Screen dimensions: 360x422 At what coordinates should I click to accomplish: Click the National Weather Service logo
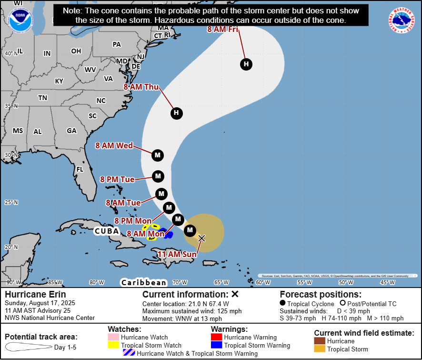tap(401, 20)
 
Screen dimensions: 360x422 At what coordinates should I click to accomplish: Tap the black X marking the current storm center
tap(201, 237)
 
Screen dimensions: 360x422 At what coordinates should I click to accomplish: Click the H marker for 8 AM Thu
tap(176, 113)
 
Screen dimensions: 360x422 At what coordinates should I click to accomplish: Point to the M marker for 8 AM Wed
tap(158, 155)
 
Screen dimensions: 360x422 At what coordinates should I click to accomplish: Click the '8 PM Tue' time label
tap(117, 179)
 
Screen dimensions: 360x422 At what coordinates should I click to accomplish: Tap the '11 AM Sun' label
tap(177, 255)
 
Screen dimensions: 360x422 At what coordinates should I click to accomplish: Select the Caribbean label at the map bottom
tap(144, 282)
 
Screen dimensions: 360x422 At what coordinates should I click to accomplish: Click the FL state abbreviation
tap(80, 169)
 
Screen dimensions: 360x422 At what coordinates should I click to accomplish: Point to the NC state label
tap(101, 101)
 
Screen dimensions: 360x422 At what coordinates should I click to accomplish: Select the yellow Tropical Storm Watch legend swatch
tap(114, 345)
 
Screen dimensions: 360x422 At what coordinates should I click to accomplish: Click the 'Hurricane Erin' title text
tap(35, 294)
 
